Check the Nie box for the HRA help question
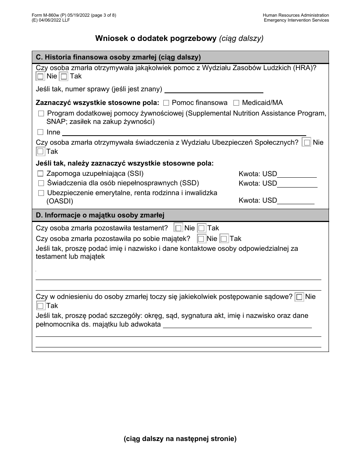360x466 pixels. click(40, 77)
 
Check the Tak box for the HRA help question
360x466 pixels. click(64, 77)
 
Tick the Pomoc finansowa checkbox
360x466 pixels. click(166, 103)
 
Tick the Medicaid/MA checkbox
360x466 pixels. click(236, 103)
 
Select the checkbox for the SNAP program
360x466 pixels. click(41, 114)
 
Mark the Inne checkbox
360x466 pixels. click(41, 132)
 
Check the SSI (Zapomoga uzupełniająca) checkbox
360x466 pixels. click(41, 174)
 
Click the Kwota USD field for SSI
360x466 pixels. click(297, 174)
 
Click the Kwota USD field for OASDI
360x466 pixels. click(296, 200)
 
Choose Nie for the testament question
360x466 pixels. click(178, 228)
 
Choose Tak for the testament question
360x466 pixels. click(202, 228)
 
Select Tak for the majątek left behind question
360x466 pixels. click(224, 239)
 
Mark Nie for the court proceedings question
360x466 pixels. click(299, 297)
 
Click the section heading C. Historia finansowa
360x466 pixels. click(118, 58)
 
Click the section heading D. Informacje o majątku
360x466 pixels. click(100, 215)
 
